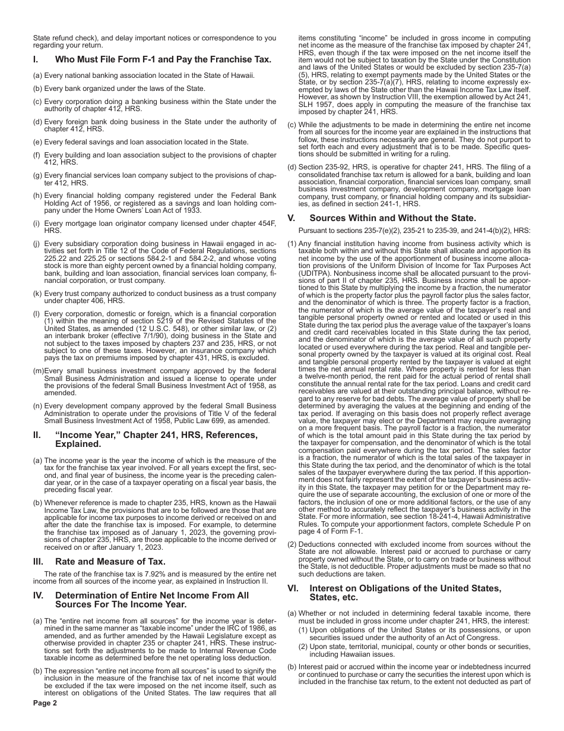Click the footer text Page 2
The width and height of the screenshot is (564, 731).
pos(45,703)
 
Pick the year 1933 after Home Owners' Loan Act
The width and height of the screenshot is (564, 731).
pos(191,210)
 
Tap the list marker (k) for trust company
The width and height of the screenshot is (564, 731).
pos(37,293)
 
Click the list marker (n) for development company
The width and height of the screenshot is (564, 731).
pos(37,389)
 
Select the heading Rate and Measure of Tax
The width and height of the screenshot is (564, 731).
pos(110,562)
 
